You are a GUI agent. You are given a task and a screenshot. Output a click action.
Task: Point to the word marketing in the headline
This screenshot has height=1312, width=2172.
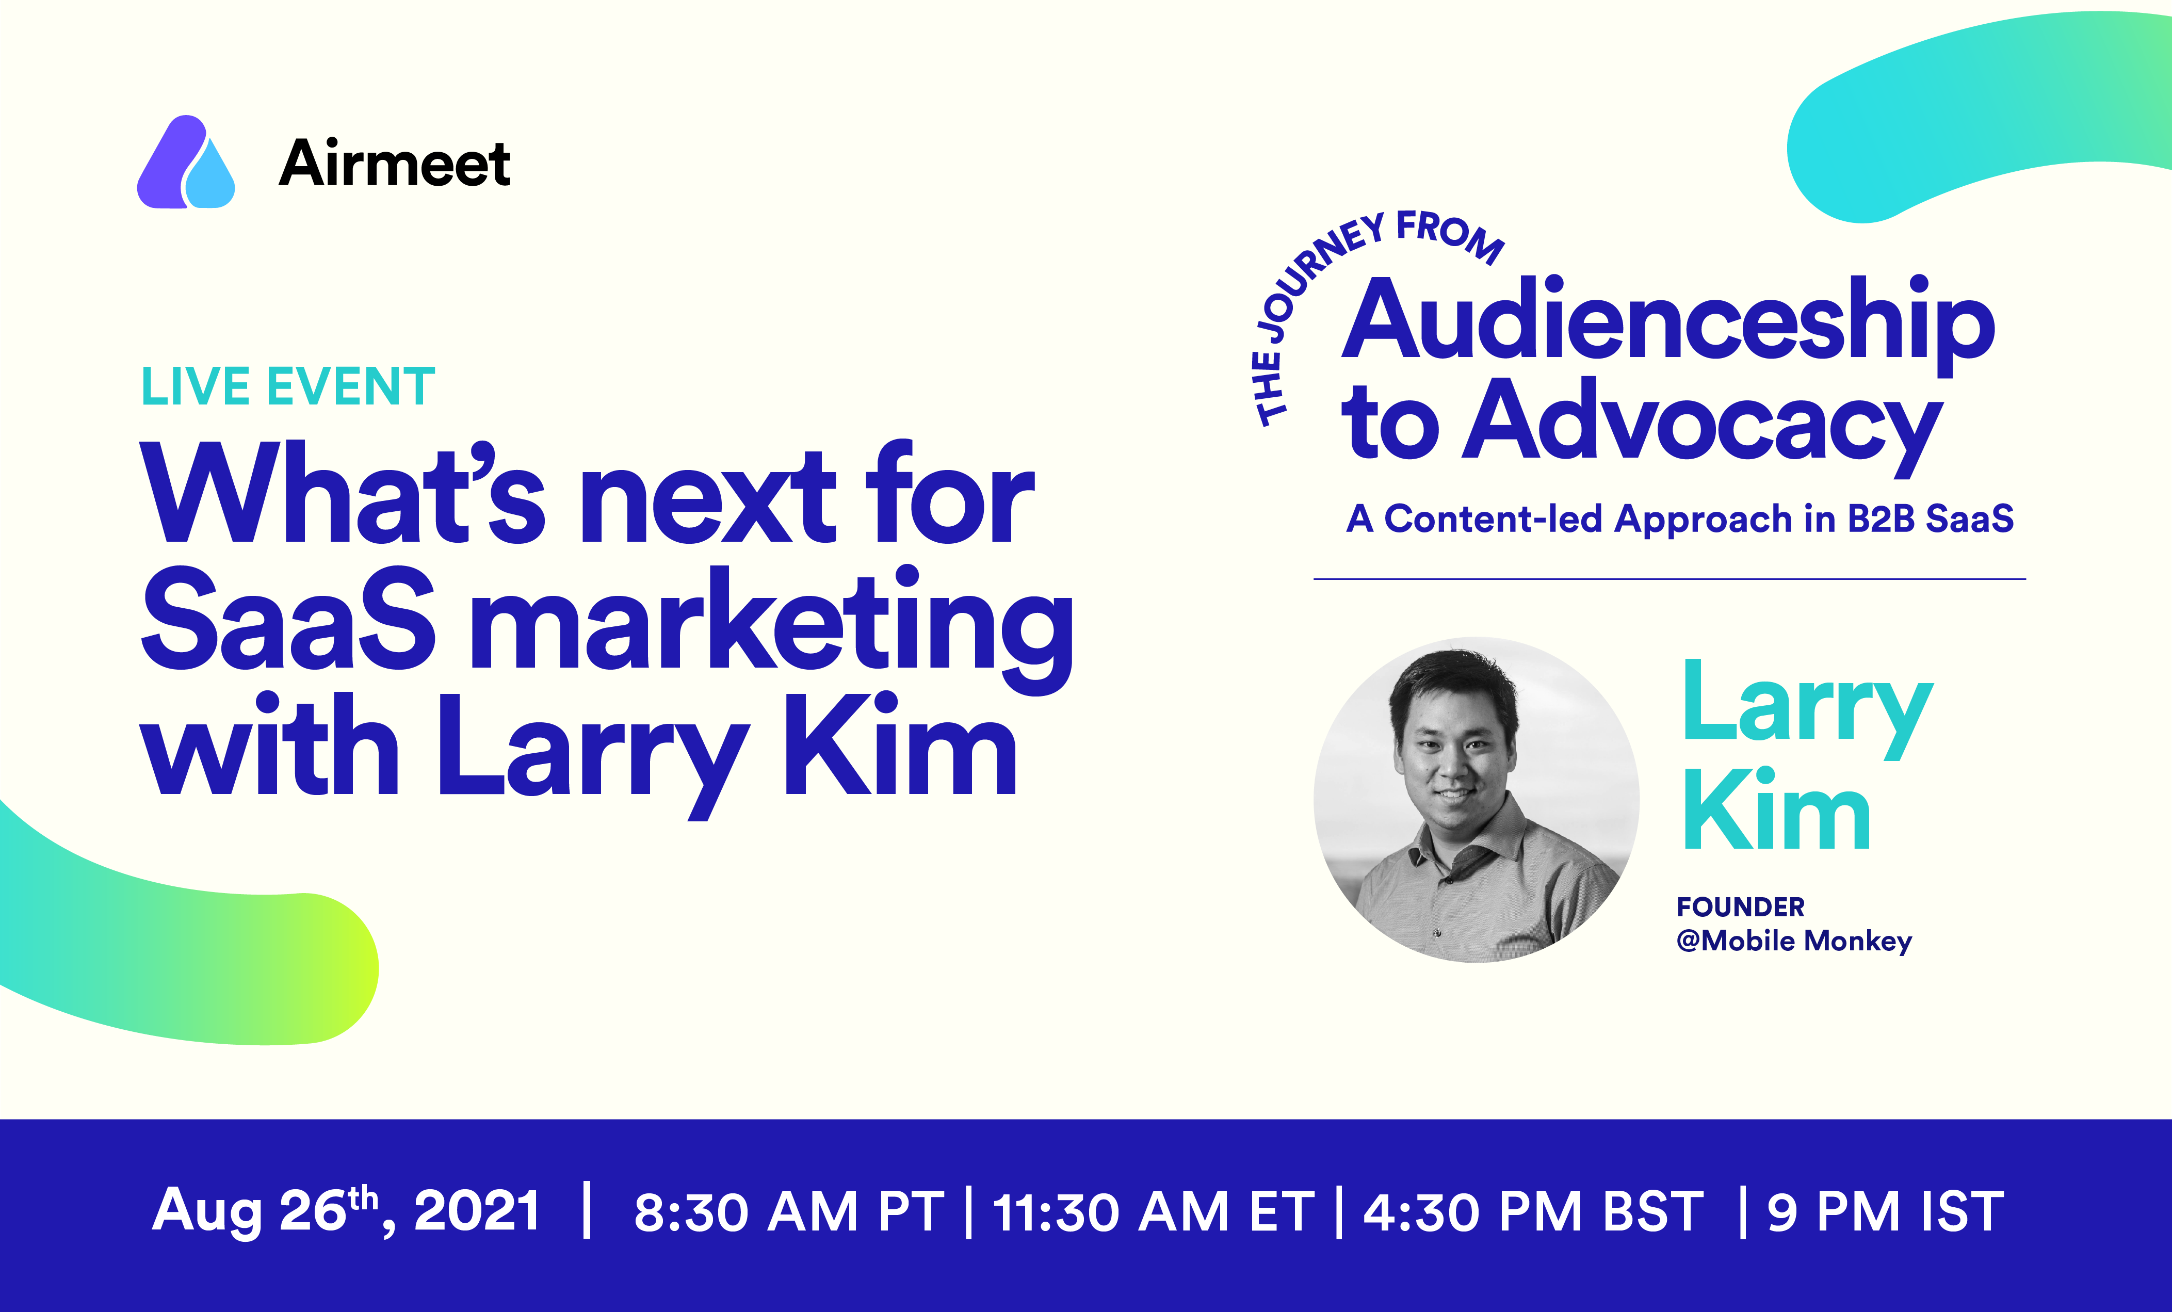tap(771, 628)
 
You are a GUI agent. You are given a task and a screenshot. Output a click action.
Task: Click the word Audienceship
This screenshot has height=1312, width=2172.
tap(1668, 322)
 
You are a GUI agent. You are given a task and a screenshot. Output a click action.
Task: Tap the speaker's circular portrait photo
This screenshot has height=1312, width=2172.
tap(1477, 800)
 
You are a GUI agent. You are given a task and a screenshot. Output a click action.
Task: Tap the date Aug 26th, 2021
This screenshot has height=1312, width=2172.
tap(346, 1210)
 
